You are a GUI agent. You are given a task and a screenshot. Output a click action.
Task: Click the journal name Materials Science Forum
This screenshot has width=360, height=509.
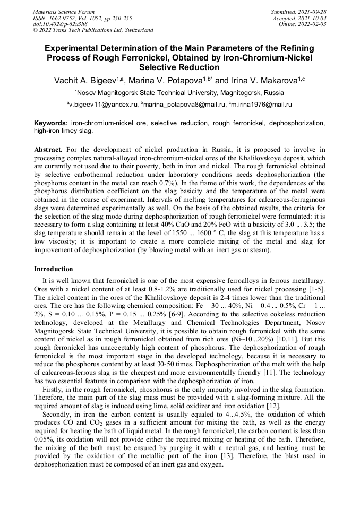pyautogui.click(x=64, y=12)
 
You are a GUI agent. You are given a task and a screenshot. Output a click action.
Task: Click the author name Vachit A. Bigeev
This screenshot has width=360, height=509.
pyautogui.click(x=85, y=81)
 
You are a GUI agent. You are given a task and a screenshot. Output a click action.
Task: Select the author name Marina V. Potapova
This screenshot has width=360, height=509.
pyautogui.click(x=168, y=81)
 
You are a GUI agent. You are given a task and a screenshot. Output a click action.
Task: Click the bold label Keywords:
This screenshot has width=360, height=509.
pyautogui.click(x=51, y=123)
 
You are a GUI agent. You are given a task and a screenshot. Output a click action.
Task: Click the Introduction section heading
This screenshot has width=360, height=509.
pyautogui.click(x=54, y=269)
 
